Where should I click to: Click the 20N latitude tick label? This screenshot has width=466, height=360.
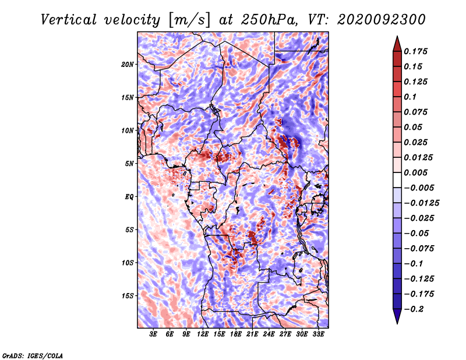(x=128, y=65)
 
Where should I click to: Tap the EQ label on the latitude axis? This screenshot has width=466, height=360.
(x=129, y=197)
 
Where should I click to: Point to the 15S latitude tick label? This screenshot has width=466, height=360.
(x=128, y=296)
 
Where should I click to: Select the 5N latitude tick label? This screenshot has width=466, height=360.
(x=129, y=164)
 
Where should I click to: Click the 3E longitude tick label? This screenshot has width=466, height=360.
(x=153, y=334)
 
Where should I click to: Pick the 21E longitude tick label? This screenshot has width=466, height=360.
(x=252, y=334)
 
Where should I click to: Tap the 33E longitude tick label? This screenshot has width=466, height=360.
(x=318, y=334)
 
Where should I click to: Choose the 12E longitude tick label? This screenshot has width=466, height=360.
(x=202, y=334)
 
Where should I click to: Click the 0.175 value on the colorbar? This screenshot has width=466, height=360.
(x=415, y=51)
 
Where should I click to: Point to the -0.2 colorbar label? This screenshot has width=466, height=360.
(x=414, y=309)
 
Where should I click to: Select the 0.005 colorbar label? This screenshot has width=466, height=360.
(x=415, y=172)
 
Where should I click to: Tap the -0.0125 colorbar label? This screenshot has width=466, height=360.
(x=421, y=203)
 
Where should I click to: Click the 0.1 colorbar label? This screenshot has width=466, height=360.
(x=410, y=97)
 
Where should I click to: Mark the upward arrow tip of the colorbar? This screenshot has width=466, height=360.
(x=397, y=36)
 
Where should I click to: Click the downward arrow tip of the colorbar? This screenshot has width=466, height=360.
(x=397, y=323)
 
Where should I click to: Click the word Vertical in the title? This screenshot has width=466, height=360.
(x=69, y=20)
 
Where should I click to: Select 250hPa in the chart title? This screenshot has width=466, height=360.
(x=269, y=20)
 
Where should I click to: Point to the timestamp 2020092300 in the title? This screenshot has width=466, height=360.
(x=381, y=20)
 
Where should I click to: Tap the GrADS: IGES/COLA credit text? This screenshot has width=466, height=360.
(x=33, y=356)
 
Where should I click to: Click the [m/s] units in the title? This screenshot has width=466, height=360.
(x=189, y=20)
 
